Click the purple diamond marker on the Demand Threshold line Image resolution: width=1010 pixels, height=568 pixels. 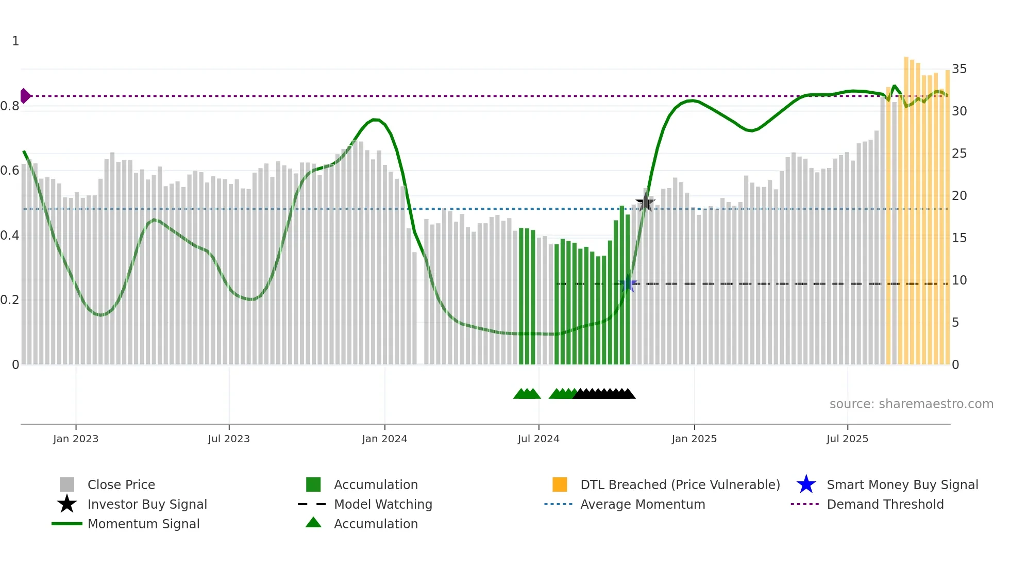(25, 96)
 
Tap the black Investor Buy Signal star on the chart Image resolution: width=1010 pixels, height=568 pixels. (645, 203)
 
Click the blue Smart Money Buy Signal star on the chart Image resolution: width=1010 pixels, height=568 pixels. (628, 284)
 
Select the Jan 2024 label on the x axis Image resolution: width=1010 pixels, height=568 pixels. (384, 439)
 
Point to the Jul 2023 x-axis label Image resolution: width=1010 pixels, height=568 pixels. (229, 439)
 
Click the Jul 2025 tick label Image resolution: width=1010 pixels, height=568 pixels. (847, 439)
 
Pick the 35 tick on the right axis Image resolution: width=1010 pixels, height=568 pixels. (959, 69)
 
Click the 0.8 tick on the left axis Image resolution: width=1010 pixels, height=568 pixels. (10, 106)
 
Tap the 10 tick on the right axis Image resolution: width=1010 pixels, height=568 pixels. (959, 280)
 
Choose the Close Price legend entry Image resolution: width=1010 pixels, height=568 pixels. (121, 485)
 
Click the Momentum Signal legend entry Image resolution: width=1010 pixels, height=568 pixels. (143, 524)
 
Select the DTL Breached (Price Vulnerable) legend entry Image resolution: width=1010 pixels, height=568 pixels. (680, 485)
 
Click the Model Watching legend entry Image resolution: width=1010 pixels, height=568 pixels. (383, 504)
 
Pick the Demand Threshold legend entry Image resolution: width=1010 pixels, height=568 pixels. (885, 504)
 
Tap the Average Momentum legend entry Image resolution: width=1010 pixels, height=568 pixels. (643, 504)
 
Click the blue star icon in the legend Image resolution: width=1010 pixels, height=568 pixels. (806, 485)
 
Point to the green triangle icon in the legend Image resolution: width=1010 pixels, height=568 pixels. (313, 523)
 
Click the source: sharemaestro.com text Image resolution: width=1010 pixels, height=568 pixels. (911, 404)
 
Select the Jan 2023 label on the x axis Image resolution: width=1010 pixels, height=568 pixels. (76, 439)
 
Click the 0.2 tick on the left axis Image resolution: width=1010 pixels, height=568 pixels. (10, 300)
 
